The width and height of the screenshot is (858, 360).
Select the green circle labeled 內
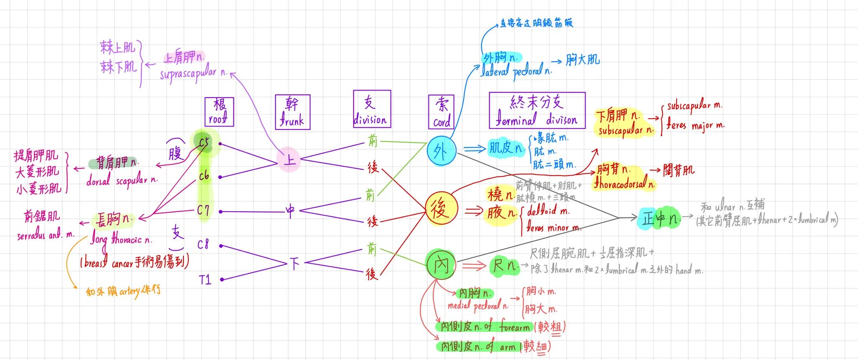pos(441,264)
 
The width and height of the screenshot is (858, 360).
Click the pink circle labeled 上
pos(289,159)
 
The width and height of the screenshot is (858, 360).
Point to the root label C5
pos(204,143)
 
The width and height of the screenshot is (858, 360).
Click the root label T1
pos(205,280)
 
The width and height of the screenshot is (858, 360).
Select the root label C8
pos(203,244)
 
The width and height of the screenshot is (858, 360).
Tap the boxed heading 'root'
pos(219,112)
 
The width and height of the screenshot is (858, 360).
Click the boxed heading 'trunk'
pos(292,112)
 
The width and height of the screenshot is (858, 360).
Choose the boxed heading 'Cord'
pos(441,112)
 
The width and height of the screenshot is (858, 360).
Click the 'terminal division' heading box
pos(537,110)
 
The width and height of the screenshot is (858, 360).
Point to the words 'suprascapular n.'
pos(194,74)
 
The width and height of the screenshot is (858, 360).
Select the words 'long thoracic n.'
pos(121,240)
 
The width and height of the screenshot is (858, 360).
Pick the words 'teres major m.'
pos(695,125)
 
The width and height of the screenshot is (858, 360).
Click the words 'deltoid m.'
pos(548,211)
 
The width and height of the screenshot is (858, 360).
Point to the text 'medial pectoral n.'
pos(478,306)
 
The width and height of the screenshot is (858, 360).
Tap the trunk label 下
pos(295,263)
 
